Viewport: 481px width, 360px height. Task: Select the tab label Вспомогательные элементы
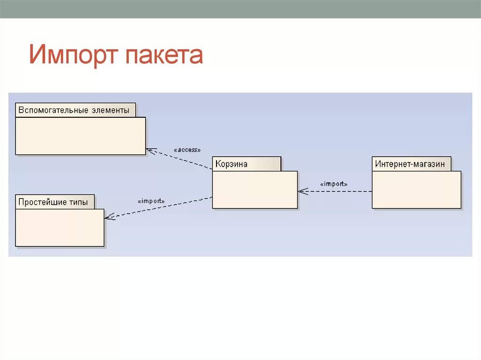point(74,110)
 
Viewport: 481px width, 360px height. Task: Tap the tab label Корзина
point(232,164)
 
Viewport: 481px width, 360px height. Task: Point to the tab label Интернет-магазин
point(410,164)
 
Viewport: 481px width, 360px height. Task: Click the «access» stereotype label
point(187,150)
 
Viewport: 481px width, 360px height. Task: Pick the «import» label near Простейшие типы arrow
point(151,201)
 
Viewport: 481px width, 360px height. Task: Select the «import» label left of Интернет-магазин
point(334,184)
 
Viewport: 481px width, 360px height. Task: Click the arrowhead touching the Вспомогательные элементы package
point(149,150)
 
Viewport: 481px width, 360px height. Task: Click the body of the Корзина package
point(255,190)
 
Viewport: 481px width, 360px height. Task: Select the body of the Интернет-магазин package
point(416,190)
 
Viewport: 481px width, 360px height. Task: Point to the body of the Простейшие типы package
point(60,228)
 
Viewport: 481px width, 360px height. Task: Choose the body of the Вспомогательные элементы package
point(80,136)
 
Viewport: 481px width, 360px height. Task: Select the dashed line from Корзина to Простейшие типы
point(160,207)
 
